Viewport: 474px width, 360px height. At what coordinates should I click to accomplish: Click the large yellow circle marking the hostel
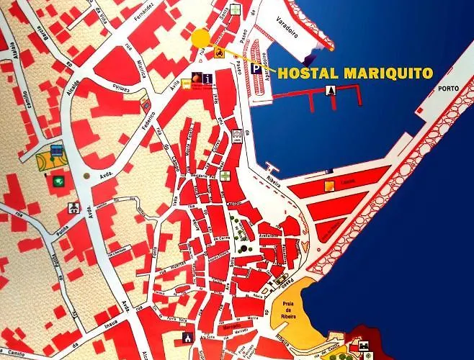pos(201,37)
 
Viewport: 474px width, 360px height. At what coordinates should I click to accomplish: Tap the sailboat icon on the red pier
pos(331,90)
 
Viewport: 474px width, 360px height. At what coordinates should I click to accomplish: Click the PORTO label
pos(453,90)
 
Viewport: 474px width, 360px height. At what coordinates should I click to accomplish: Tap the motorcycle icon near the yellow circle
pos(218,52)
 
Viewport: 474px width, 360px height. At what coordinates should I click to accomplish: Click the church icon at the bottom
pos(189,337)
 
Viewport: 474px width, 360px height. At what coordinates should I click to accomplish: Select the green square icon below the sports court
pos(56,179)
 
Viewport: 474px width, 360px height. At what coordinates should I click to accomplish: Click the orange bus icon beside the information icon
pos(186,84)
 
